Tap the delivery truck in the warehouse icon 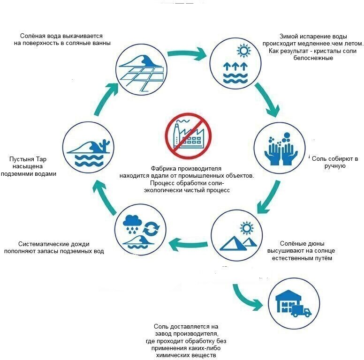click(x=301, y=311)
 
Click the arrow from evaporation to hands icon click(x=266, y=99)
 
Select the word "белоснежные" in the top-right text click(x=313, y=58)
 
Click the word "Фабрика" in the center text click(x=163, y=168)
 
